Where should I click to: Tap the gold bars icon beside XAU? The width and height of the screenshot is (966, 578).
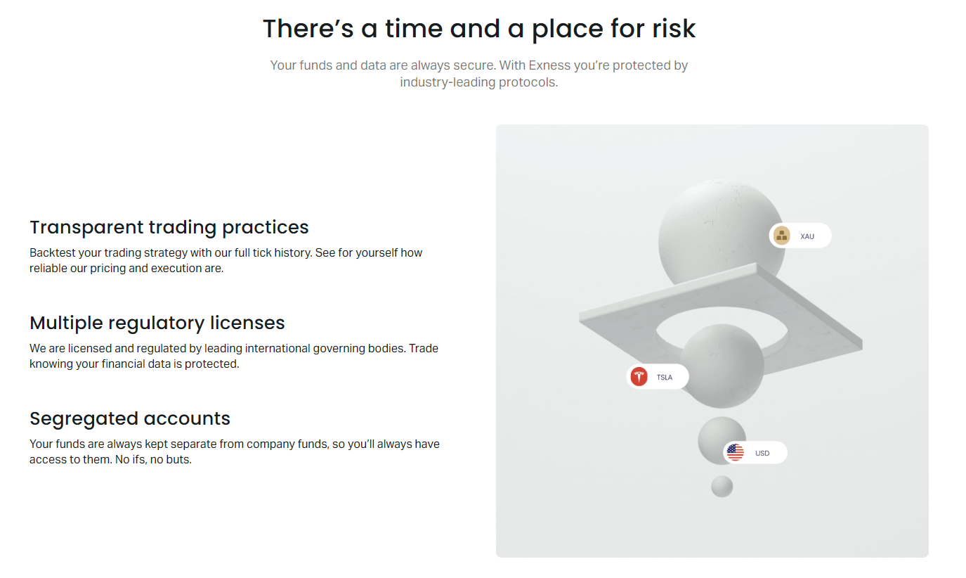coord(782,236)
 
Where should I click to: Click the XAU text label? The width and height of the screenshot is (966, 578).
coord(807,236)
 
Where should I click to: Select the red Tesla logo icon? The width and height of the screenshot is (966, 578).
coord(639,377)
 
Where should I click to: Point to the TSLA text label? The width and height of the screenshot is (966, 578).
coord(664,378)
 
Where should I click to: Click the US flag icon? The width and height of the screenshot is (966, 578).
coord(735,453)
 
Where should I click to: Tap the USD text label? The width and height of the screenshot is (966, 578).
coord(762,454)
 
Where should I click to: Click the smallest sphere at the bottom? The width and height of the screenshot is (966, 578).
coord(722,486)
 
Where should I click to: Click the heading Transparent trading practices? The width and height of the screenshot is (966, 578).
coord(169,227)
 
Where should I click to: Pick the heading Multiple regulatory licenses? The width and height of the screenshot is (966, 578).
coord(157,323)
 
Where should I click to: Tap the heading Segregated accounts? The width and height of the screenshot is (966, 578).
coord(130,418)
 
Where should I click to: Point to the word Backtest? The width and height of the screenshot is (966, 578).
coord(51,252)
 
